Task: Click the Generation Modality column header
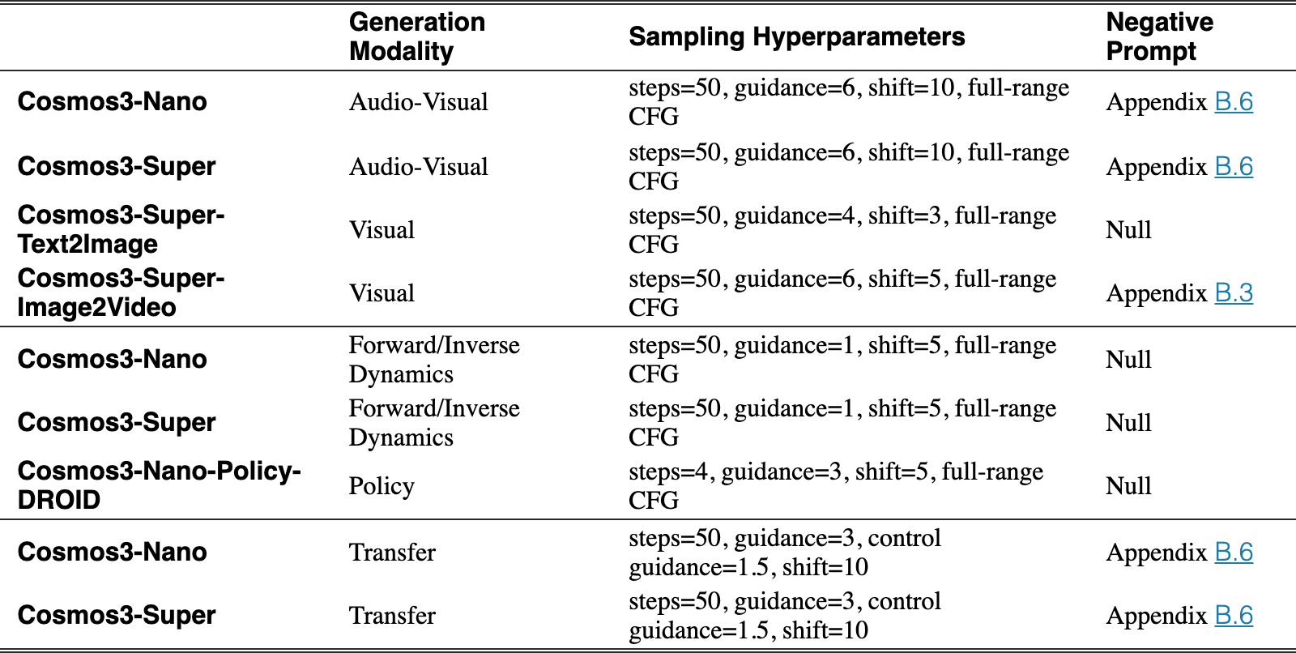tap(417, 36)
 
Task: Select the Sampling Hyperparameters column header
tap(797, 36)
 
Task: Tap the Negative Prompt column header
tap(1159, 36)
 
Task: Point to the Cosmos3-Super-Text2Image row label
tap(121, 229)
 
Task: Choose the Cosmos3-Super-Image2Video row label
tap(121, 292)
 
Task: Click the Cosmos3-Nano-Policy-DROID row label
tap(159, 485)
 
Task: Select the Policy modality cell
tap(382, 485)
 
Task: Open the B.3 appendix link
tap(1234, 293)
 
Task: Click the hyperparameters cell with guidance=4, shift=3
tap(842, 229)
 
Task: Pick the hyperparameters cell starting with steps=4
tap(836, 485)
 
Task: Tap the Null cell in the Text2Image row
tap(1128, 230)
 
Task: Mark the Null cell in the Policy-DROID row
tap(1128, 485)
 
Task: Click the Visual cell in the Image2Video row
tap(382, 293)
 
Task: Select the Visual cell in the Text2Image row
tap(382, 230)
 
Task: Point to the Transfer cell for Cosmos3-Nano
tap(392, 553)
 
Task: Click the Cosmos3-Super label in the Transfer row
tap(117, 615)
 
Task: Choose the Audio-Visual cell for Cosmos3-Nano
tap(418, 102)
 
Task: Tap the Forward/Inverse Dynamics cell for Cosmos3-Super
tap(434, 422)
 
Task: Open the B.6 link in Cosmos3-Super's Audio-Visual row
tap(1234, 167)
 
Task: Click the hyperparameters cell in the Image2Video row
tap(842, 292)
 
